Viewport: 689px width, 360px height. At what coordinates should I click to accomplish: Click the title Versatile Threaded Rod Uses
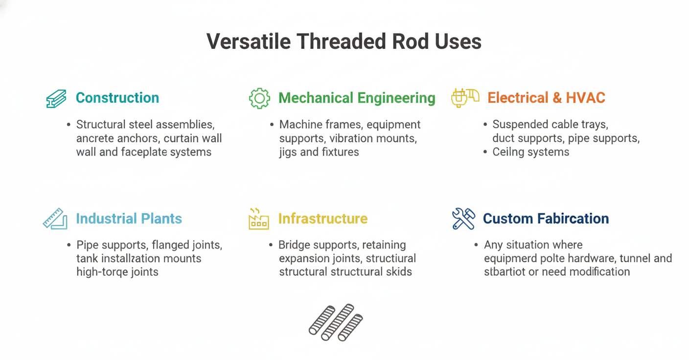pos(344,41)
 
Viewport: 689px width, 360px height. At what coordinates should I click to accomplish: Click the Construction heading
pos(117,98)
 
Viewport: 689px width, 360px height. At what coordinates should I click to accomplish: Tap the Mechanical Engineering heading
pos(357,98)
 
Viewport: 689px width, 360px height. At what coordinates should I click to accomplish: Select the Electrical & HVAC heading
pos(546,98)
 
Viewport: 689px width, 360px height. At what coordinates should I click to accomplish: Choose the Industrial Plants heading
pos(129,218)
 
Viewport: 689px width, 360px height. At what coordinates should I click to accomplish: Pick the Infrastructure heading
pos(322,218)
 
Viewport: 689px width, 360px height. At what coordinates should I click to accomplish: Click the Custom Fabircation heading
pos(546,218)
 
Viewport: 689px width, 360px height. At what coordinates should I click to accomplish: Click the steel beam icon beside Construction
pos(56,98)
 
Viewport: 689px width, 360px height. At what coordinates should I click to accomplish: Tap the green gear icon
pos(259,98)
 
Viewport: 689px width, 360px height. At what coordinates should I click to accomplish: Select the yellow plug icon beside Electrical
pos(464,97)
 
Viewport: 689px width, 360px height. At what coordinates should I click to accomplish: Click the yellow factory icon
pos(258,219)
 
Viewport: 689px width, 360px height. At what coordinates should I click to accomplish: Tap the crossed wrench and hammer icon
pos(463,219)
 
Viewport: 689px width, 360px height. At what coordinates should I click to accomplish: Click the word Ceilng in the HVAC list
pos(511,152)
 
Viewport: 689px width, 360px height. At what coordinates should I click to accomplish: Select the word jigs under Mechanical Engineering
pos(288,152)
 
